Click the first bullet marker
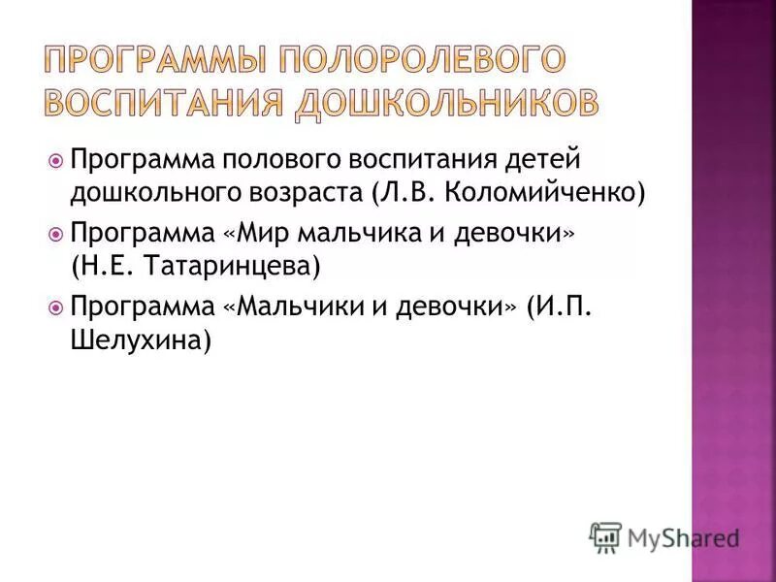pos(55,158)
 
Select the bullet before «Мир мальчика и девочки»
pos(55,234)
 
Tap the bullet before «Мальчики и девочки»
pos(55,308)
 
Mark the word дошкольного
pos(148,191)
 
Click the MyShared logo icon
pos(605,536)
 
